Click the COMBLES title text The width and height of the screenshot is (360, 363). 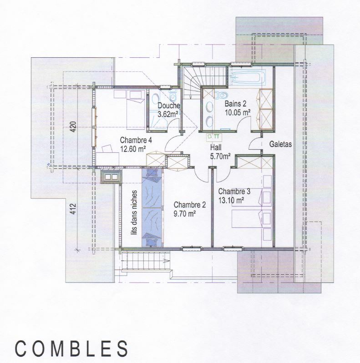71,348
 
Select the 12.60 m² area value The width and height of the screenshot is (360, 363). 133,148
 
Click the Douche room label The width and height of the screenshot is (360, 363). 169,106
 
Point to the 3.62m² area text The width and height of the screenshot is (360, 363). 167,114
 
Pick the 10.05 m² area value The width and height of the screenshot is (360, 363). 238,111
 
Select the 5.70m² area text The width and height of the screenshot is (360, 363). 220,156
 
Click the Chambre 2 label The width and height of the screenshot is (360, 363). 190,204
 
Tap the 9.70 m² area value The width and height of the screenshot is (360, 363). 185,212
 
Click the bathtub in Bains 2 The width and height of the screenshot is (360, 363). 248,77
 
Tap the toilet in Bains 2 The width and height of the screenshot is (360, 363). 222,94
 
